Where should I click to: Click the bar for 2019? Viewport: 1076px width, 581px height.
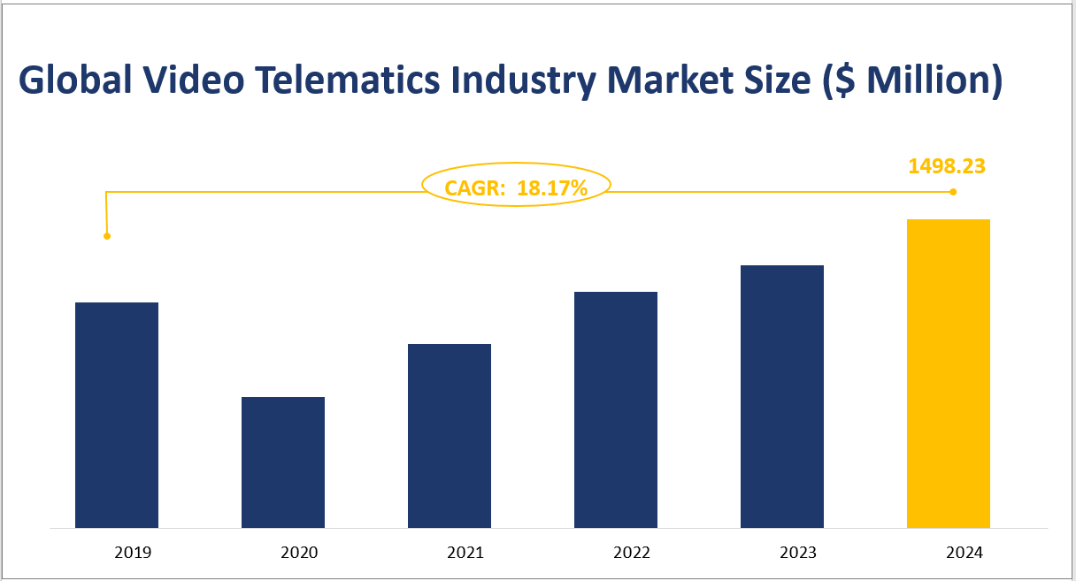point(117,415)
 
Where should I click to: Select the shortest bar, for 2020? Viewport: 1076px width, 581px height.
point(283,463)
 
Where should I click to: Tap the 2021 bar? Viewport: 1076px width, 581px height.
point(450,436)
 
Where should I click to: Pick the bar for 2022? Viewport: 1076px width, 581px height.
point(616,409)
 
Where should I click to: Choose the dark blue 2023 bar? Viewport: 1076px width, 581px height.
point(782,396)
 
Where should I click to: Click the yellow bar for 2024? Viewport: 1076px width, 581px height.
point(949,373)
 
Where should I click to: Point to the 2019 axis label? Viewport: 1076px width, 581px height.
point(133,553)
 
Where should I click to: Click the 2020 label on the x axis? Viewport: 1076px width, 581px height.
point(299,553)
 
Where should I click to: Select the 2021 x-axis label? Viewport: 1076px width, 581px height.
point(465,553)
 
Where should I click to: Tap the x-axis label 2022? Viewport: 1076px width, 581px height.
point(632,553)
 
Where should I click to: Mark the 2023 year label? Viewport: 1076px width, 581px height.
point(798,553)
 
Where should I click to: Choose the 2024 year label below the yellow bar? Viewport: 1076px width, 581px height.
point(965,553)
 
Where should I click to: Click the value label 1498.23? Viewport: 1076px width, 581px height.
point(947,166)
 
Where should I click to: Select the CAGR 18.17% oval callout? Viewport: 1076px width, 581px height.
point(516,186)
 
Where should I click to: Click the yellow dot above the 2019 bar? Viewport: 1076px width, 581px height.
point(107,236)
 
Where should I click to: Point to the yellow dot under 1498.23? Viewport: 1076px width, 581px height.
point(953,192)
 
